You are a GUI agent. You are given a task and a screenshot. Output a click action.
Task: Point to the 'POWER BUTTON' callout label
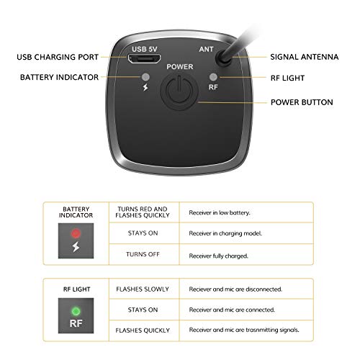pos(302,102)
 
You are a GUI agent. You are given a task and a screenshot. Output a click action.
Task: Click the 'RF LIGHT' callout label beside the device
pos(288,76)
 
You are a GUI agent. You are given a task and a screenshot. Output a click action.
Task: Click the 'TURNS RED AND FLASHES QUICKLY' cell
pos(141,212)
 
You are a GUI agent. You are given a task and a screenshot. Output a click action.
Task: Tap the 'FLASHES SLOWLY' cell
pos(141,291)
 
